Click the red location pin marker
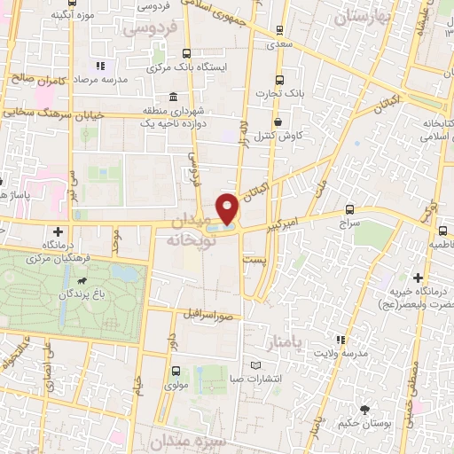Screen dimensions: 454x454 [x=229, y=209]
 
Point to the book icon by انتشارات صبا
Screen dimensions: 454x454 [x=256, y=365]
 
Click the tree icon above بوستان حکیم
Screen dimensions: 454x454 [x=365, y=410]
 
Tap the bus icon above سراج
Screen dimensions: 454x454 [x=350, y=210]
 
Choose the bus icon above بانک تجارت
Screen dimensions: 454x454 [x=280, y=79]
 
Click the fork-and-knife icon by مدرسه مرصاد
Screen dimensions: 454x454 [x=100, y=66]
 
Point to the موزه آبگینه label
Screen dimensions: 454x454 [x=74, y=15]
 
